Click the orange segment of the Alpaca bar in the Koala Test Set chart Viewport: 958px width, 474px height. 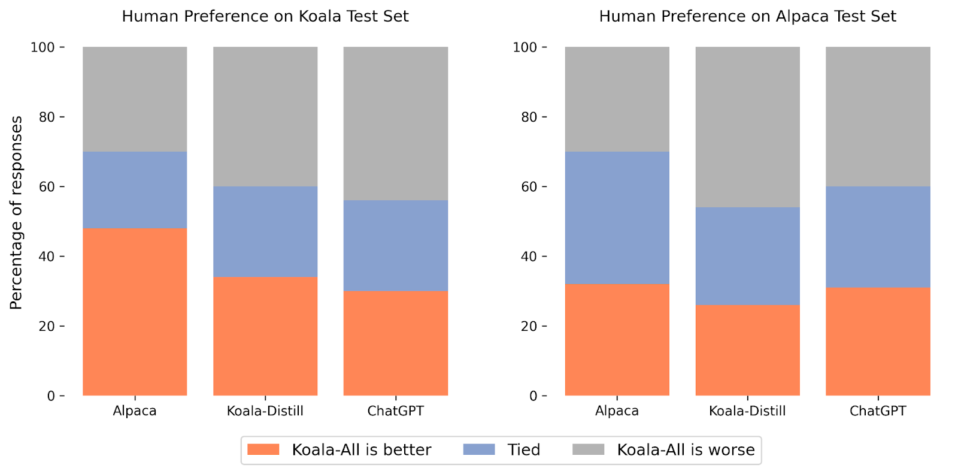pos(135,312)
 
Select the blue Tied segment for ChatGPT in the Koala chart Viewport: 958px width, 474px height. pos(396,245)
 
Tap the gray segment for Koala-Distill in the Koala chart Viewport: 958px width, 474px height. pos(265,116)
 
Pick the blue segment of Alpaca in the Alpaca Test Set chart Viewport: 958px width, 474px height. pos(617,218)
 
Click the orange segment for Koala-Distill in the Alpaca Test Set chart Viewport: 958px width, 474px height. pos(747,350)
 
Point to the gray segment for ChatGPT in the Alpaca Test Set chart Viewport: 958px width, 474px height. pos(878,116)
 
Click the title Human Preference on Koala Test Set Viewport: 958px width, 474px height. pos(265,16)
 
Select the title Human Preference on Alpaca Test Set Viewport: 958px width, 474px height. pos(747,16)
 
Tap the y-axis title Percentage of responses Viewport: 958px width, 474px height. pos(16,213)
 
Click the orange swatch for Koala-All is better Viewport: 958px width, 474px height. pos(263,449)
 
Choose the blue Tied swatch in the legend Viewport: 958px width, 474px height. pos(479,449)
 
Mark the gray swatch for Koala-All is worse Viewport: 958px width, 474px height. pos(589,449)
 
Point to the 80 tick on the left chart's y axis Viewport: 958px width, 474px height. pos(47,117)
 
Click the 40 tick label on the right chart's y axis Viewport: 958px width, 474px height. pos(529,256)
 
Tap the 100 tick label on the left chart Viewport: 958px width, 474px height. pos(43,47)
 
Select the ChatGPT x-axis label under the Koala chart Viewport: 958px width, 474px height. pos(396,411)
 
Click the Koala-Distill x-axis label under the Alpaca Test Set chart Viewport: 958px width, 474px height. pos(747,411)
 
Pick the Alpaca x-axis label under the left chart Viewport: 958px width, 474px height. pos(135,411)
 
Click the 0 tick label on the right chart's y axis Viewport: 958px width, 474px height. pos(533,396)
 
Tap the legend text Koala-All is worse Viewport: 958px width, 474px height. pos(686,449)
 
